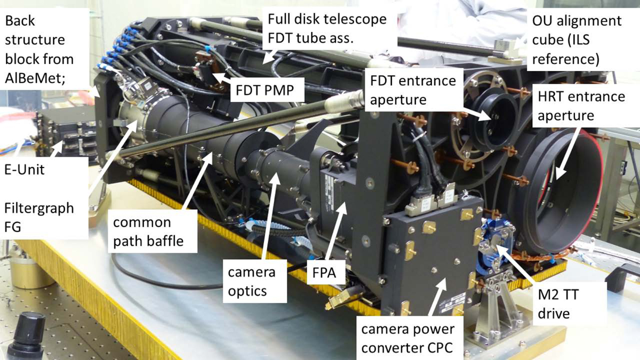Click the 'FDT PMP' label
pos(265,90)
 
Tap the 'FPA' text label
pos(324,273)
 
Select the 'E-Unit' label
pos(25,170)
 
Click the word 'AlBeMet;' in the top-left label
pos(35,78)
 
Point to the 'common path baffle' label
pos(148,231)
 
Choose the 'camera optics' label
pos(252,281)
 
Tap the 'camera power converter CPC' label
pos(407,339)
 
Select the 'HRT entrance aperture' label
pos(581,106)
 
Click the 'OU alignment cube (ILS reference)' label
pos(577,39)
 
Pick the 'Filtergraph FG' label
pos(39,218)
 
